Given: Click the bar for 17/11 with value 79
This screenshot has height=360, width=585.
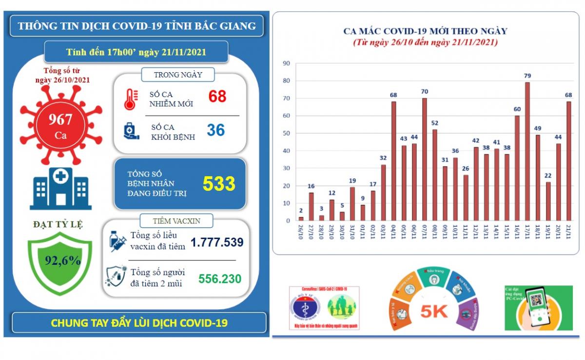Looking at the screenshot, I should coord(527,151).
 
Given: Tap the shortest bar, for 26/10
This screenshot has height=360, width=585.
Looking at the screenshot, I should coord(301,219).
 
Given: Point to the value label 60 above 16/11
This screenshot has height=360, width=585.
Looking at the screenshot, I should coord(517,109).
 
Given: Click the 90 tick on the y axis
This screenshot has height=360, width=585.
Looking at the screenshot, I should coord(287,63).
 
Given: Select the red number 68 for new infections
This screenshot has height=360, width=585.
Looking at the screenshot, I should coord(217,97).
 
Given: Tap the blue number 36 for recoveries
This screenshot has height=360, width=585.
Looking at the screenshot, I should coord(215,130).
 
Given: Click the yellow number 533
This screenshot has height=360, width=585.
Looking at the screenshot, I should coord(219,184).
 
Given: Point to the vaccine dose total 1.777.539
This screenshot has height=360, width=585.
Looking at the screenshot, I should coord(216,242).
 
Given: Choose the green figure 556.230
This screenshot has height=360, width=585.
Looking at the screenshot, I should coord(220,279).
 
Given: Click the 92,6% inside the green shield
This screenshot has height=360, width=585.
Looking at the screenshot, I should coord(62,260).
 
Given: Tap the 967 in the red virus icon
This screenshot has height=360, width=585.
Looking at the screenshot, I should coord(60,119).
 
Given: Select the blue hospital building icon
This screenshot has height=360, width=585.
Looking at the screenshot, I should coord(60,188).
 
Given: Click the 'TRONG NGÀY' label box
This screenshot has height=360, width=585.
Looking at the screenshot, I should coord(178,75).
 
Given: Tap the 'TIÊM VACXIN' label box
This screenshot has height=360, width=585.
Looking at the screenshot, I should coord(176,221).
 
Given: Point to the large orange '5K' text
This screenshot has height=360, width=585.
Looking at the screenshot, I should coord(434,311).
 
